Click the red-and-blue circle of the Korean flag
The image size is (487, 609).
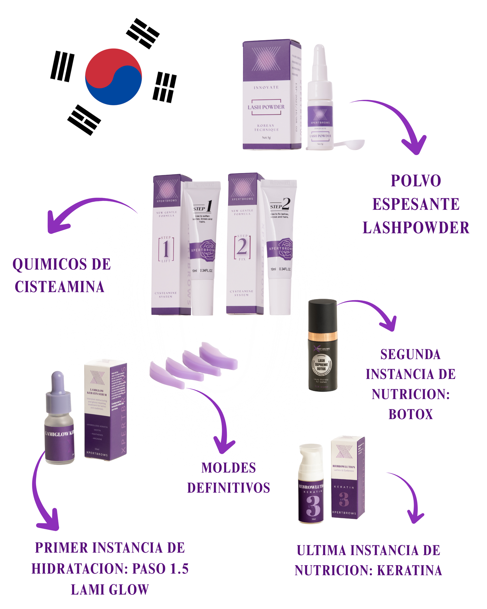click(113, 77)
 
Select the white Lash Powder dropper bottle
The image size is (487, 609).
click(319, 101)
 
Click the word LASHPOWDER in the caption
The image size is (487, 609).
click(416, 228)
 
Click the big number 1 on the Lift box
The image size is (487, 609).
click(166, 249)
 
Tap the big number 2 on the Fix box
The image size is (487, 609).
click(242, 247)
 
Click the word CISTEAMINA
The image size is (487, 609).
click(60, 287)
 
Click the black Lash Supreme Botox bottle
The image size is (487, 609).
click(323, 346)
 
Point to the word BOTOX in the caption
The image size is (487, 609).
click(410, 414)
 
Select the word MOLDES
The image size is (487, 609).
click(229, 468)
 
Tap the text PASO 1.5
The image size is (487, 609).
click(160, 569)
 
